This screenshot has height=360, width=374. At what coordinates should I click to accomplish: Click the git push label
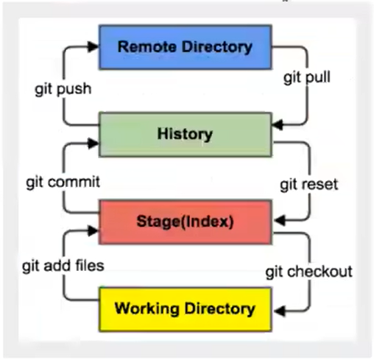pos(63,90)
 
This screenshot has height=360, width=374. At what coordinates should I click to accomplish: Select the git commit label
pos(62,180)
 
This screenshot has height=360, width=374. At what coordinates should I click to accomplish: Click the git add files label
pos(63,265)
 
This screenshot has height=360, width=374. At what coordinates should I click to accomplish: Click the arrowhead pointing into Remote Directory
pos(93,45)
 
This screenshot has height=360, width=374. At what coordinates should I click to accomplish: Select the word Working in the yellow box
pos(142,307)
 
